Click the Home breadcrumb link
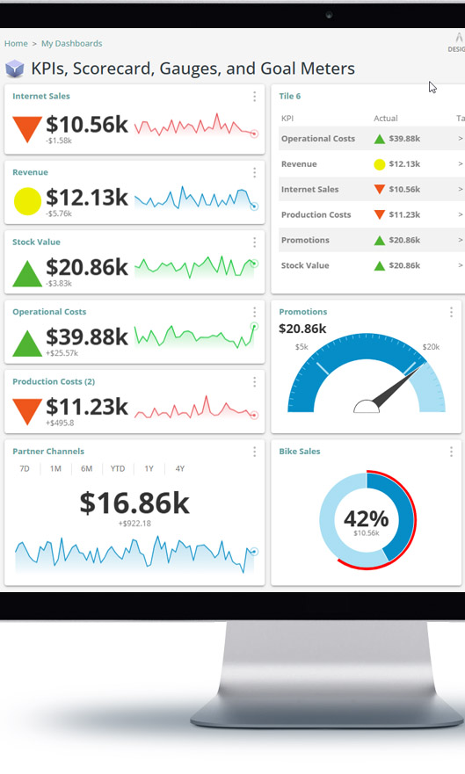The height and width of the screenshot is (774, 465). point(16,43)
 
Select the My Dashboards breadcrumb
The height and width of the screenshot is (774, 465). point(71,43)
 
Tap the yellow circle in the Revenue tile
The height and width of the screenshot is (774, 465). point(27,202)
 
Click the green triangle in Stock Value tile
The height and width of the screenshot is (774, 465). point(27,273)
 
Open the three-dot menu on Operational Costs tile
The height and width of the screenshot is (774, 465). point(254,312)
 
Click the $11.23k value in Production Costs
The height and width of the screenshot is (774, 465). point(87,407)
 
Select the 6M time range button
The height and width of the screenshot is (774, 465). point(86,469)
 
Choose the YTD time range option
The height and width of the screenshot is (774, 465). point(117,469)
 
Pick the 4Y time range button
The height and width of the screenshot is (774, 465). point(179,469)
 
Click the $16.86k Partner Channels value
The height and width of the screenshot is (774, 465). point(134,503)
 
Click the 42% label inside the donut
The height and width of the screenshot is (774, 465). point(367,517)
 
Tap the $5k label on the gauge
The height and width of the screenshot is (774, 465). point(302,347)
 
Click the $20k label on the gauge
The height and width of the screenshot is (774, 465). point(431,347)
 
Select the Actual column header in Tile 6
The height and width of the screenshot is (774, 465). point(385,118)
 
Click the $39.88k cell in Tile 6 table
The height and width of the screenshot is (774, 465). point(403,139)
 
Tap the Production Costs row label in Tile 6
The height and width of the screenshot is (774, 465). point(316,214)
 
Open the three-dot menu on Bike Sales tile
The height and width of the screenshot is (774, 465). point(451,452)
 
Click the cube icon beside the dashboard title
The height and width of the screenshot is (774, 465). point(15,69)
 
